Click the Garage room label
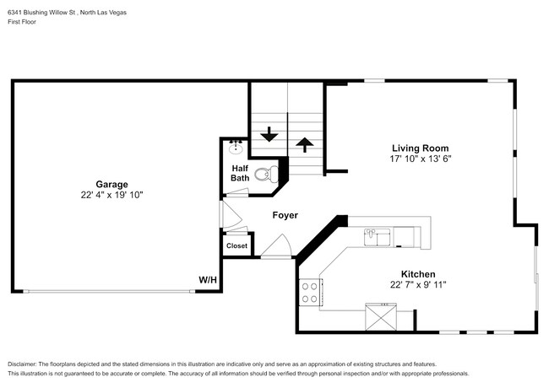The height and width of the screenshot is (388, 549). [x=111, y=184]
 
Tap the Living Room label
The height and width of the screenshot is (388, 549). [x=419, y=148]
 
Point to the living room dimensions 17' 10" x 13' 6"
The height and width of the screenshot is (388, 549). [x=419, y=159]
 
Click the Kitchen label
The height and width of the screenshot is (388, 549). [x=417, y=274]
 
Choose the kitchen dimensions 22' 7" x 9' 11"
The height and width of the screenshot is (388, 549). [x=417, y=285]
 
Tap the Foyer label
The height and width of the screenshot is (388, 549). [x=285, y=216]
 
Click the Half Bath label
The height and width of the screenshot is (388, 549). [x=240, y=173]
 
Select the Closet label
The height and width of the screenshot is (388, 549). [x=236, y=246]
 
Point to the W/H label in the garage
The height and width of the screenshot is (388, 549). [x=208, y=279]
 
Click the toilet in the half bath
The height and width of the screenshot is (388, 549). [x=266, y=175]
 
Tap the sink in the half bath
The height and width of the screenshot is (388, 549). [x=236, y=148]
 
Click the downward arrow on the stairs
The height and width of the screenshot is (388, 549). [x=269, y=134]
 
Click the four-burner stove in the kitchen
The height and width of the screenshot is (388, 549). [x=310, y=292]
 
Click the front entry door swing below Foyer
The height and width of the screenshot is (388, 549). [x=276, y=246]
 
